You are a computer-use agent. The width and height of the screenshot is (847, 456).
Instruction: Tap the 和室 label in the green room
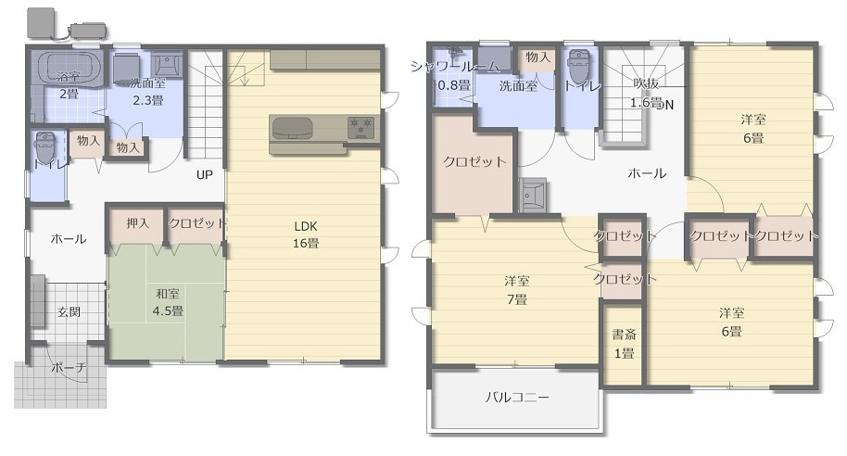pyautogui.click(x=168, y=294)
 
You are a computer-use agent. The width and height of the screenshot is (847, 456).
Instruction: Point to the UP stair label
pyautogui.click(x=204, y=174)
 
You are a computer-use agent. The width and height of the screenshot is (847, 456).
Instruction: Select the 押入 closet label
pyautogui.click(x=138, y=222)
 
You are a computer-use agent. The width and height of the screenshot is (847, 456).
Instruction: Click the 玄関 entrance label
pyautogui.click(x=70, y=311)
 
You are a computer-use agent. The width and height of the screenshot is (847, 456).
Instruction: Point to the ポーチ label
pyautogui.click(x=69, y=367)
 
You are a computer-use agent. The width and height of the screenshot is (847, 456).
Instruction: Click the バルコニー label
pyautogui.click(x=517, y=398)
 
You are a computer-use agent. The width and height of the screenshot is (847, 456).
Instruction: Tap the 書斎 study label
pyautogui.click(x=624, y=335)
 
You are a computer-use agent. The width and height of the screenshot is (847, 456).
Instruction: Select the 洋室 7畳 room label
pyautogui.click(x=517, y=289)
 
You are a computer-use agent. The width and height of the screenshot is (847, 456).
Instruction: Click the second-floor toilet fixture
pyautogui.click(x=579, y=67)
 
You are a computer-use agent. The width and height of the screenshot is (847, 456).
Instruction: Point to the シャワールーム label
pyautogui.click(x=455, y=67)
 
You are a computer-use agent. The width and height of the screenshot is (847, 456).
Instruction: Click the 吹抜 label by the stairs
pyautogui.click(x=646, y=83)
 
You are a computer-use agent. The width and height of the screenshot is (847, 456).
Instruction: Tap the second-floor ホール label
pyautogui.click(x=647, y=173)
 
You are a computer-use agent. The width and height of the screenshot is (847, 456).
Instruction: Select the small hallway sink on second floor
pyautogui.click(x=533, y=195)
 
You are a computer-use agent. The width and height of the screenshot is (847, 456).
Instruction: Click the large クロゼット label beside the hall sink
pyautogui.click(x=474, y=161)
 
